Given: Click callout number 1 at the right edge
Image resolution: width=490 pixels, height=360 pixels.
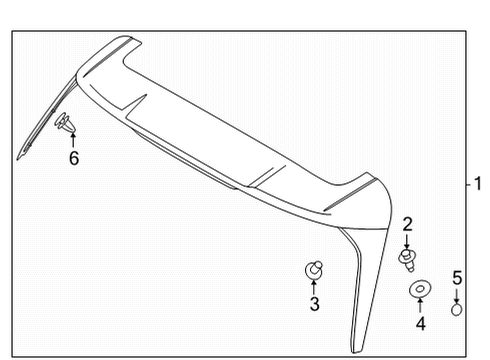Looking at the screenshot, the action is pos(478,184).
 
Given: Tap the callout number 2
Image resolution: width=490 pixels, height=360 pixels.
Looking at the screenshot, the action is pos(408,224).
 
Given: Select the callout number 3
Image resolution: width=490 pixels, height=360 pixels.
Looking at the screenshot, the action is pos(314,305).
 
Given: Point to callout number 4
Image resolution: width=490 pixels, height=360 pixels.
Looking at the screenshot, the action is pos(420,323).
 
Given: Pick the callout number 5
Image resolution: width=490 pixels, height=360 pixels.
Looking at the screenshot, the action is pos(456,277).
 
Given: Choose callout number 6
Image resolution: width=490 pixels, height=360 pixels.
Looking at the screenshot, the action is pos(73,158).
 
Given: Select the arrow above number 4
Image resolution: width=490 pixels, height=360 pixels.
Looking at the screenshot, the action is pos(420,305).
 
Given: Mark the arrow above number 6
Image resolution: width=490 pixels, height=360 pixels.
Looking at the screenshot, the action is pos(73,140).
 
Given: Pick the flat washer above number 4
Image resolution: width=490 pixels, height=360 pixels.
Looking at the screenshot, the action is pos(420,289).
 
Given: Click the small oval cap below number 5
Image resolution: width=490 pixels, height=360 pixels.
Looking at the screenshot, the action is pos(456,310).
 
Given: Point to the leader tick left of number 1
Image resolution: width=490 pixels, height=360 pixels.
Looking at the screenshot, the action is pos(466,184).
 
